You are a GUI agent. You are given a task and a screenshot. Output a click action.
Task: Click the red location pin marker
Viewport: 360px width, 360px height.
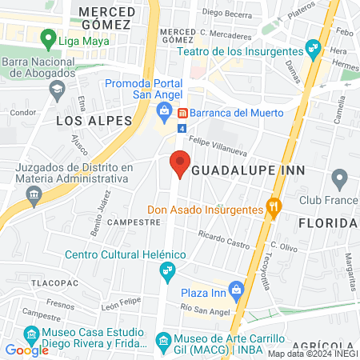(180, 164)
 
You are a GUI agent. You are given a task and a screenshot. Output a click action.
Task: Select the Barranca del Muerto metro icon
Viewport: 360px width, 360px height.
(182, 113)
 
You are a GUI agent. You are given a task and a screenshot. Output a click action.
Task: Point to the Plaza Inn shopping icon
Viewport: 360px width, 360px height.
(236, 289)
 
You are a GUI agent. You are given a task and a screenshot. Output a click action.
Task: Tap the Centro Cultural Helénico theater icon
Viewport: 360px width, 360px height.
(166, 272)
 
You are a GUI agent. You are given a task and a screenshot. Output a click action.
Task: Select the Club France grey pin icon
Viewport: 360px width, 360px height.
(340, 178)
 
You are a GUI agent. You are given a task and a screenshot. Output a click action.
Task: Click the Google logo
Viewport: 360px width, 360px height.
(27, 350)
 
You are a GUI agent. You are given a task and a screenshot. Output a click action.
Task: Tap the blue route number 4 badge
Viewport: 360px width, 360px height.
(182, 128)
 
